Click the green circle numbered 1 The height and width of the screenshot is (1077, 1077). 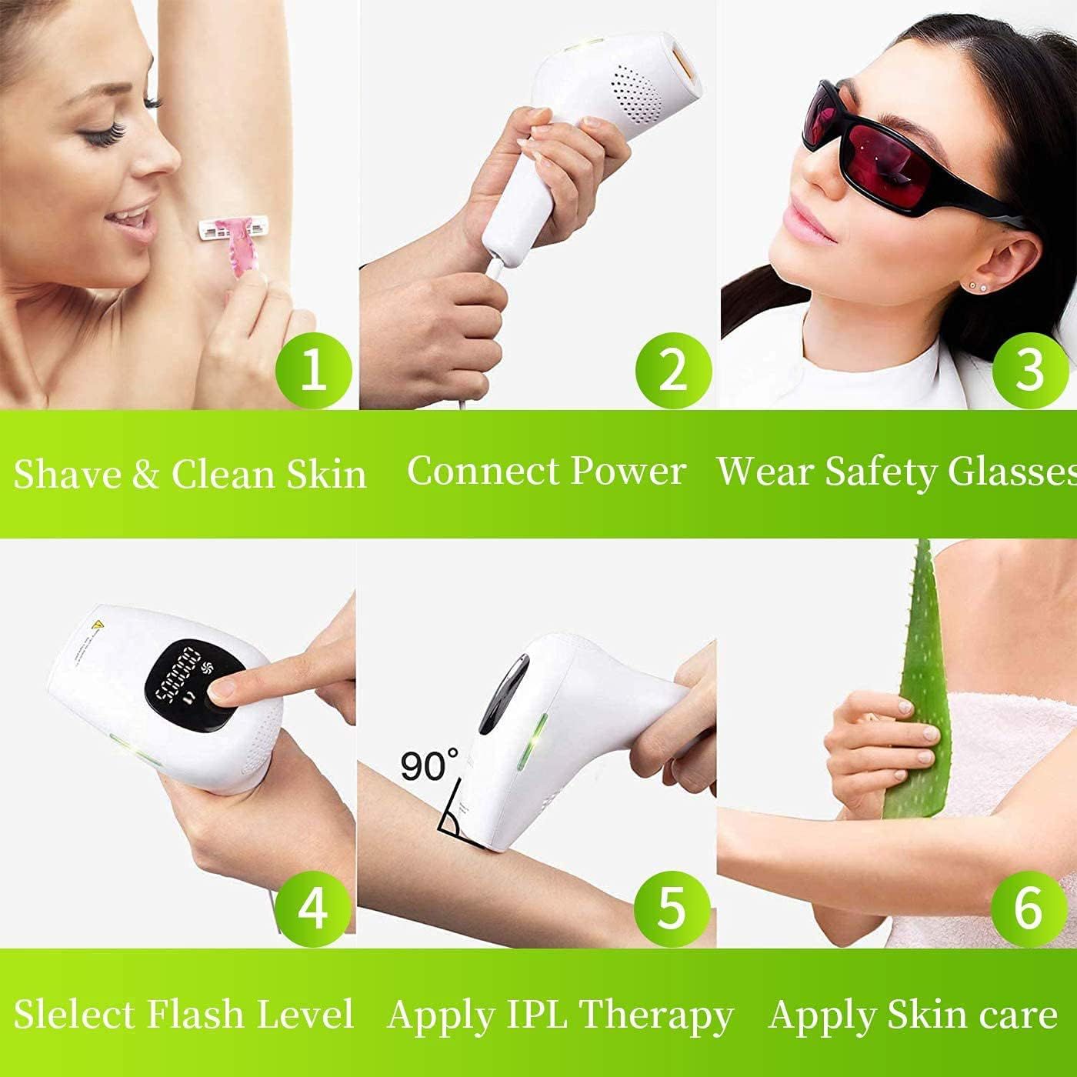[x=312, y=369]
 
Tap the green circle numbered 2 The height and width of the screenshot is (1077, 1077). [x=672, y=369]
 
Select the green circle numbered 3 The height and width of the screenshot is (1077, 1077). [x=1029, y=369]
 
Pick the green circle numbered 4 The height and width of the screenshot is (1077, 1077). [x=312, y=908]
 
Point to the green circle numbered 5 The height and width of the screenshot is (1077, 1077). [x=671, y=908]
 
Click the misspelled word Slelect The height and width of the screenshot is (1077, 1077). [x=74, y=1014]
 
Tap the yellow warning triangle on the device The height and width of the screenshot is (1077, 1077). [x=96, y=625]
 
